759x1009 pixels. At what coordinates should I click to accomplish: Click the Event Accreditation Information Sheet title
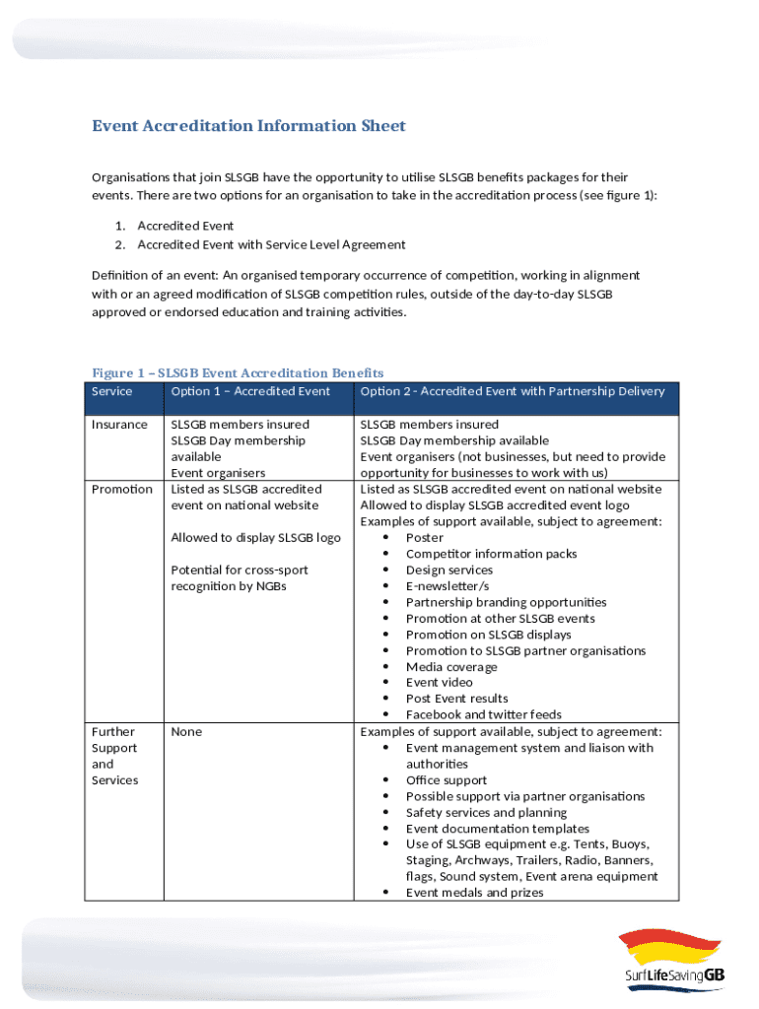coord(248,126)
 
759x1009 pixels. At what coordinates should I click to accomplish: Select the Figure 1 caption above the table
coord(238,372)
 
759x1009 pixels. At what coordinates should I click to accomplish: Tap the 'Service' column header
coord(111,391)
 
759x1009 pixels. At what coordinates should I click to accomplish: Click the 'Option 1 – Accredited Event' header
coord(250,391)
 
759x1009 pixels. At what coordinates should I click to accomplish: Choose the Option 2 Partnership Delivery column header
coord(512,391)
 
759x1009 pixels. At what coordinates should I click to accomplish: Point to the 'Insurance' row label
coord(119,425)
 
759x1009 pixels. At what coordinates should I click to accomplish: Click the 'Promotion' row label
coord(121,490)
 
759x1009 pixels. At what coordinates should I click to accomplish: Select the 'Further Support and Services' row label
coord(114,756)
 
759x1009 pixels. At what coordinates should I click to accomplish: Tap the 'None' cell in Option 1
coord(186,732)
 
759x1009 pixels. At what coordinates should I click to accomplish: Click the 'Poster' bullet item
coord(424,538)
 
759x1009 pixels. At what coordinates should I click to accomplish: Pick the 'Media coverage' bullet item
coord(451,667)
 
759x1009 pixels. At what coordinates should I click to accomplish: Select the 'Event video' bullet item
coord(439,683)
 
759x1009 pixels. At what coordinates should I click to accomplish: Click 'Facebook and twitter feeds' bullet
coord(483,715)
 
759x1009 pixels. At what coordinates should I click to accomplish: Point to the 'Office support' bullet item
coord(446,780)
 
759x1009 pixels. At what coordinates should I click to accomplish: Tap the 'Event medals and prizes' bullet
coord(474,893)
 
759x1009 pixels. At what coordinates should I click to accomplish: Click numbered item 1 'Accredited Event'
coord(185,227)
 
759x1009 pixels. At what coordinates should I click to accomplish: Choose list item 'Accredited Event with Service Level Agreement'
coord(271,245)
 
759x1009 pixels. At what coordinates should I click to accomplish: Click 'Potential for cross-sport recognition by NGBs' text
coord(240,578)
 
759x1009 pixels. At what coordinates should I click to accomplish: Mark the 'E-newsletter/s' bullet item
coord(447,586)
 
